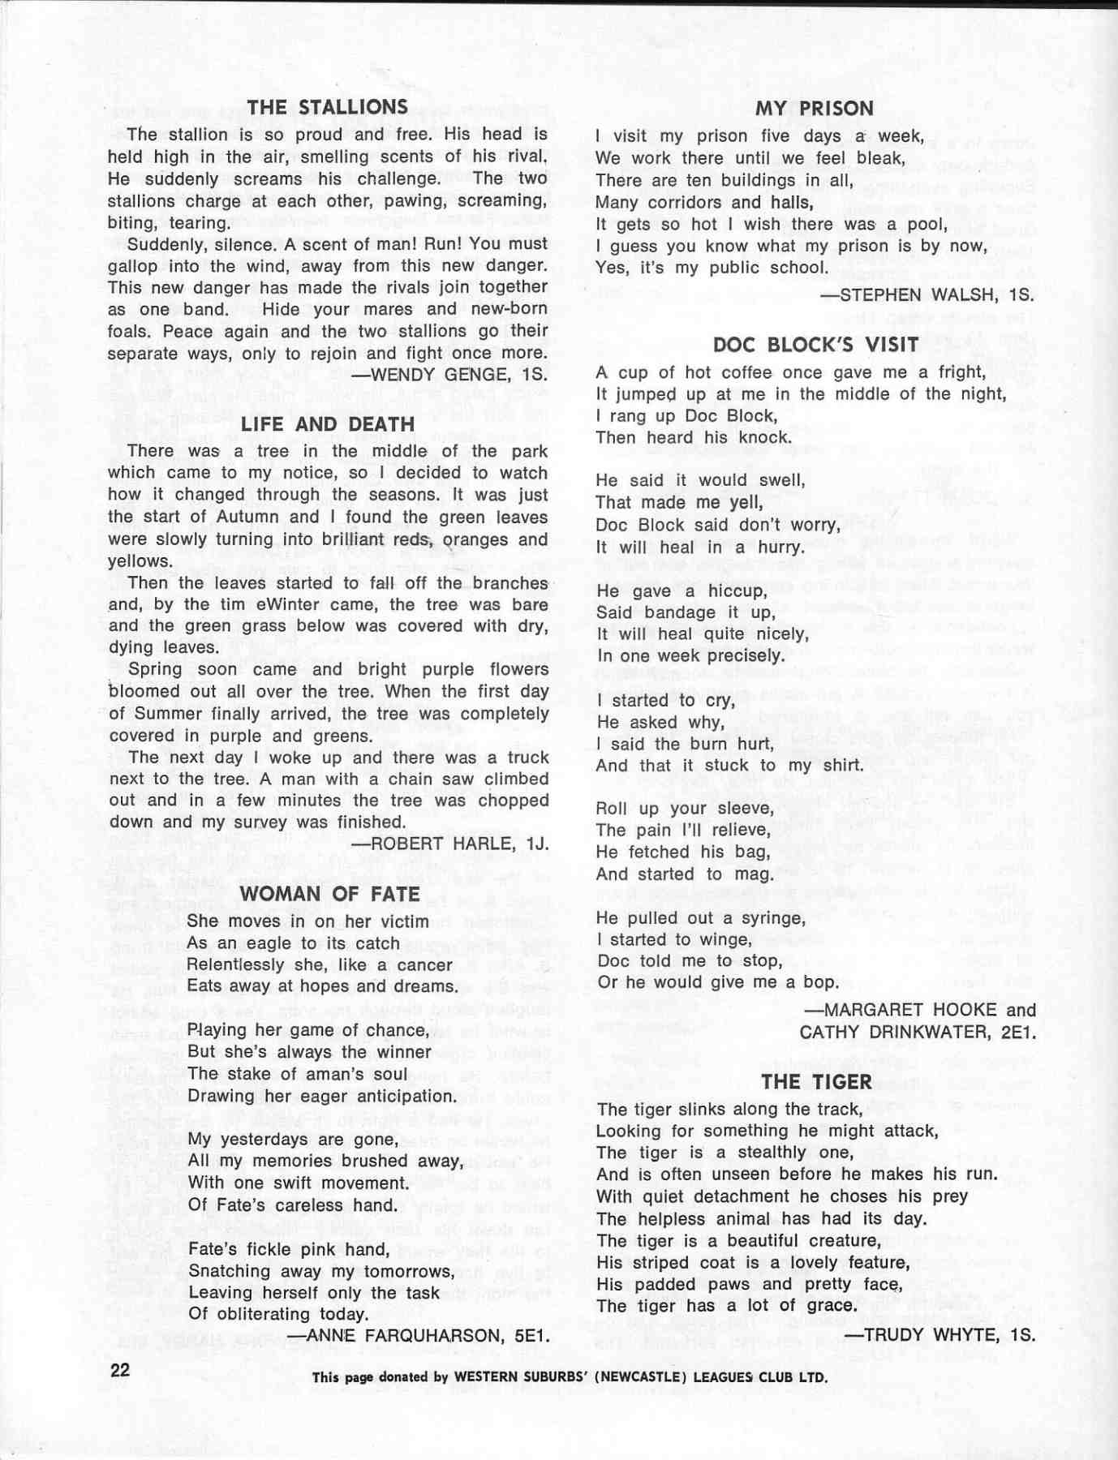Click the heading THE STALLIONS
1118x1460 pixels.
point(327,107)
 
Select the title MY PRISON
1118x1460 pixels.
point(814,109)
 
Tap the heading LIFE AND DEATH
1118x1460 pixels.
point(327,424)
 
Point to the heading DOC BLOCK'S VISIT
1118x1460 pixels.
point(815,345)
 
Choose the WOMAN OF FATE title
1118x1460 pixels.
point(329,894)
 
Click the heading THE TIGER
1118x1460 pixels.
point(816,1082)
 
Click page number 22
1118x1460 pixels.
point(120,1370)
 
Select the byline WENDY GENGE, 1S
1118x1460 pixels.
point(449,375)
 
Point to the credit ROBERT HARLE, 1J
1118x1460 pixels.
point(449,844)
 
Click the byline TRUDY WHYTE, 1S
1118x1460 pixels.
point(940,1333)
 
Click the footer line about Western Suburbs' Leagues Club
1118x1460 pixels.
point(570,1376)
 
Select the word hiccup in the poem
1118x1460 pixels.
point(735,590)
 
